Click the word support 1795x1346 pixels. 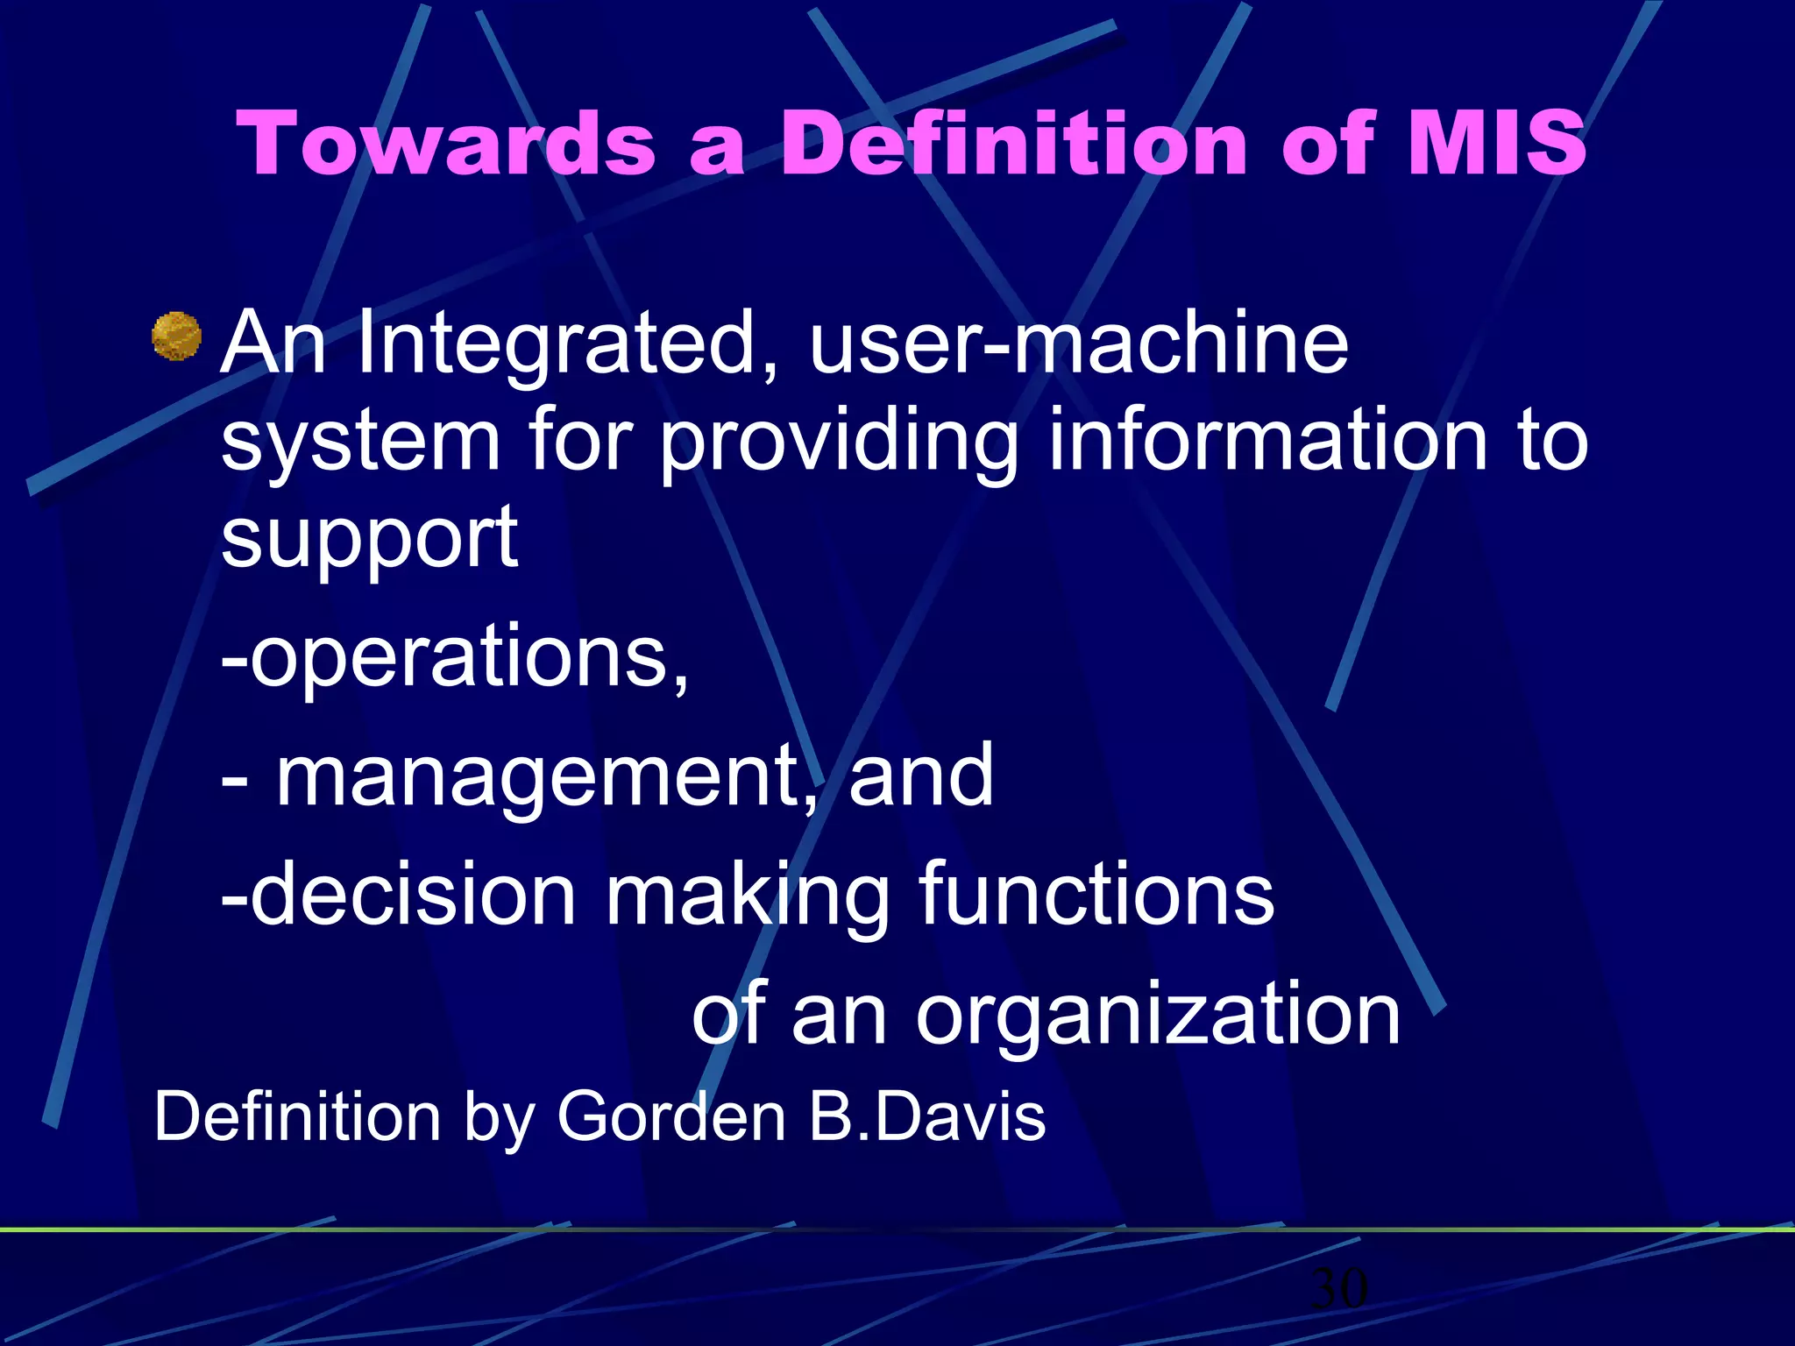pos(369,538)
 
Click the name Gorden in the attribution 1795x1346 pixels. pos(671,1116)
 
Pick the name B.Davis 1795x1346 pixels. pos(926,1116)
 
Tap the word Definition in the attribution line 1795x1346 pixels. pos(297,1116)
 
